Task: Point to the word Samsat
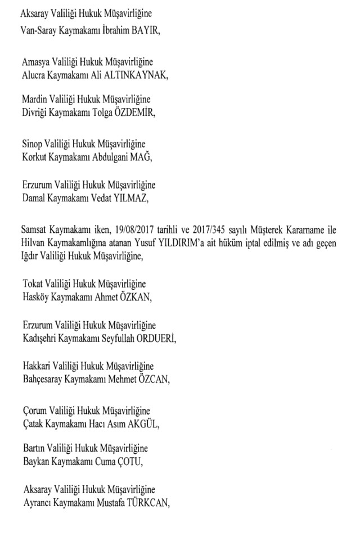[x=33, y=230]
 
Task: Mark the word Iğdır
[x=31, y=256]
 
